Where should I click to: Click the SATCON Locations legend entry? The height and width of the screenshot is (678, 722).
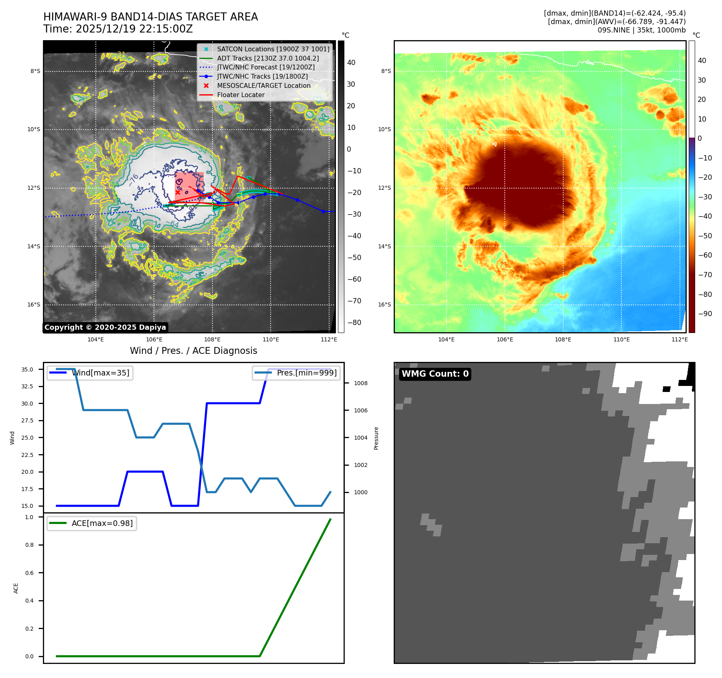(273, 49)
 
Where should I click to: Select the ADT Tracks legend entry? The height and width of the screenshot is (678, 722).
(268, 58)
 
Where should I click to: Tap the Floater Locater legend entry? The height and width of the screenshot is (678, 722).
(241, 95)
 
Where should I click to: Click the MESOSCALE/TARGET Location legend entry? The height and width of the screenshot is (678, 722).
(263, 86)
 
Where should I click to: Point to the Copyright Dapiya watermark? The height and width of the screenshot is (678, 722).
(105, 327)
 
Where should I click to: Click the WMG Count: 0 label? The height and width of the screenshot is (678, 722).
(435, 374)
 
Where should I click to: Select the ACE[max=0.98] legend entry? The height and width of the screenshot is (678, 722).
(102, 523)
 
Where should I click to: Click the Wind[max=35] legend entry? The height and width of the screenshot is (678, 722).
(100, 373)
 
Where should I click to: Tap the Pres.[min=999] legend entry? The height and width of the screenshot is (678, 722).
(307, 373)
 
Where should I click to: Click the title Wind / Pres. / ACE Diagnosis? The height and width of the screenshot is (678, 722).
(194, 351)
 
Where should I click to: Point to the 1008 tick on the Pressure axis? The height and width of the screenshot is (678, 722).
(360, 383)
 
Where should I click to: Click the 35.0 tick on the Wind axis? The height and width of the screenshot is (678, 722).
(27, 369)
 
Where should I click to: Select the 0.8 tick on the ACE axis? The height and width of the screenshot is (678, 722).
(30, 545)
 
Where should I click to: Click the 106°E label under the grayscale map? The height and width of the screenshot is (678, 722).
(154, 339)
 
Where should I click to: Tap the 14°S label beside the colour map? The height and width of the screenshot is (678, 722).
(384, 246)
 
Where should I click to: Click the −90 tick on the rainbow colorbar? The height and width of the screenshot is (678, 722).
(705, 314)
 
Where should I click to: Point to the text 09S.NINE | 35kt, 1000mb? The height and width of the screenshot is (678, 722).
(641, 30)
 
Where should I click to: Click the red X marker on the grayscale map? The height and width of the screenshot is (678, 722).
(178, 192)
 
